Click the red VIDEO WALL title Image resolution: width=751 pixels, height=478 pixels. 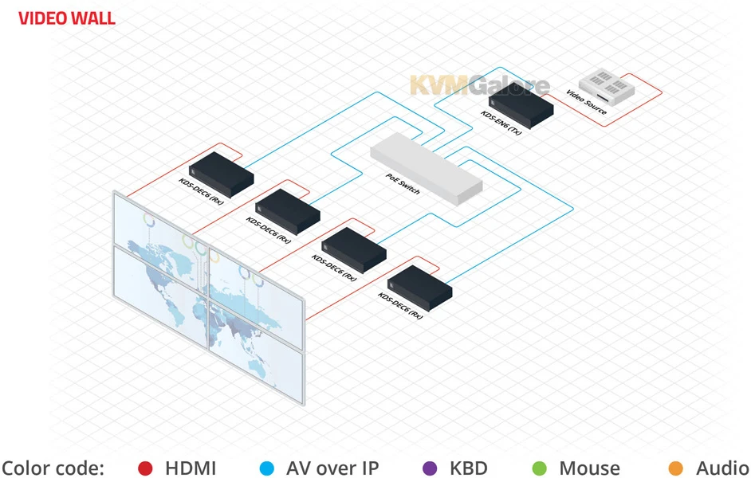(67, 18)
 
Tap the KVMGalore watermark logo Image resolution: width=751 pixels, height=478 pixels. (479, 85)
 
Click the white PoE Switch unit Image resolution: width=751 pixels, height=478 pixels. (427, 168)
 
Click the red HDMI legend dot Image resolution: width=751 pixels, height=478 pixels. (145, 468)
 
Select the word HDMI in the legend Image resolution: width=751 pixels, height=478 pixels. (190, 468)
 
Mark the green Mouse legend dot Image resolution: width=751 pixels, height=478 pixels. (539, 468)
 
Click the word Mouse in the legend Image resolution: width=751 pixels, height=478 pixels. (589, 468)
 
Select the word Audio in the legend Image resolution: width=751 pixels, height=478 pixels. (722, 468)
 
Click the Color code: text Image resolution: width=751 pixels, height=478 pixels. (53, 468)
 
